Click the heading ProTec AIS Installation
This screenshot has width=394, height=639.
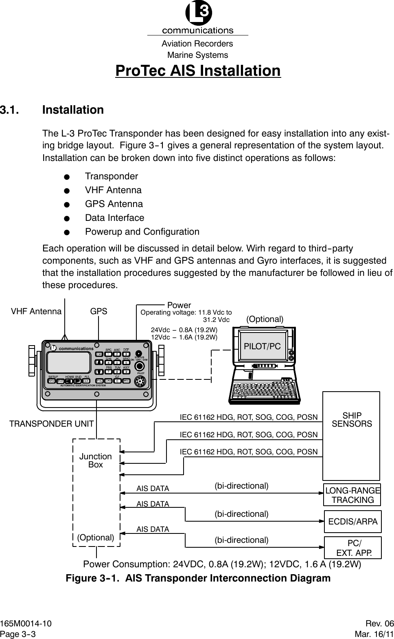pos(198,71)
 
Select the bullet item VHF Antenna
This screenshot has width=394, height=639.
pos(113,190)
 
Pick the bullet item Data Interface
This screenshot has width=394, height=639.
pos(114,218)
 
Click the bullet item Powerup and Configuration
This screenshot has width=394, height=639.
pos(142,232)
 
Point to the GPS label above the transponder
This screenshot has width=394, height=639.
pos(99,311)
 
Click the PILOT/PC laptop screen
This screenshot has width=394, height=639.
pos(262,346)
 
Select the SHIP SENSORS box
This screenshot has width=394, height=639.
pos(351,436)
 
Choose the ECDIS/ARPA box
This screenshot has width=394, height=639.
pos(352,522)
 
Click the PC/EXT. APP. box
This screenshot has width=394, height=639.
pos(353,548)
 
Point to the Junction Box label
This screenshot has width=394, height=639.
pos(96,461)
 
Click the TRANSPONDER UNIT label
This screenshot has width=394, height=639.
pos(52,423)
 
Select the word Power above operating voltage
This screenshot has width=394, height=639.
pos(179,305)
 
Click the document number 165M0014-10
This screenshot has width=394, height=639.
pos(26,624)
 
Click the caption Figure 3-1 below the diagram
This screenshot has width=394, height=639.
pos(198,578)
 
